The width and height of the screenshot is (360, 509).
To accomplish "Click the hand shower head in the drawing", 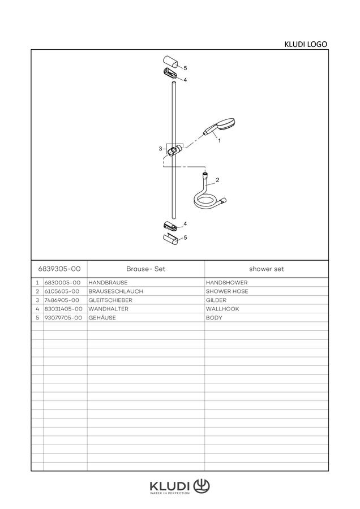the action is pyautogui.click(x=219, y=127).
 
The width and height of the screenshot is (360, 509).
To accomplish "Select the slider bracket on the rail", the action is pyautogui.click(x=174, y=150).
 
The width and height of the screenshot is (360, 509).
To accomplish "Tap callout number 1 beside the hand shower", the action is pyautogui.click(x=219, y=141).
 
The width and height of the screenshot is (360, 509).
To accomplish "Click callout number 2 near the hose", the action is pyautogui.click(x=217, y=180).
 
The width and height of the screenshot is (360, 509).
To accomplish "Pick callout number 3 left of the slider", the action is pyautogui.click(x=160, y=149).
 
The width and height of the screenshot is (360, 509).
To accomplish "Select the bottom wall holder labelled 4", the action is pyautogui.click(x=170, y=226).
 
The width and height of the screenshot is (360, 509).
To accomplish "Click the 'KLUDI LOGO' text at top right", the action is pyautogui.click(x=306, y=44).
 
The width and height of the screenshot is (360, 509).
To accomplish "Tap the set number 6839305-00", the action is pyautogui.click(x=59, y=269).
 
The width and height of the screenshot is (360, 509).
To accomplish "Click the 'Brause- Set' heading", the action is pyautogui.click(x=146, y=269).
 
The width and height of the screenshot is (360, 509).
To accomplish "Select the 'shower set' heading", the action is pyautogui.click(x=267, y=269).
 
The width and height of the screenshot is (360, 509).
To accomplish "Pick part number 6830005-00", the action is pyautogui.click(x=62, y=283).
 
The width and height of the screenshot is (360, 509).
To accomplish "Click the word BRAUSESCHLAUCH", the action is pyautogui.click(x=115, y=291).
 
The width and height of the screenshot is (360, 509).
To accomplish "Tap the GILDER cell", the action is pyautogui.click(x=216, y=300).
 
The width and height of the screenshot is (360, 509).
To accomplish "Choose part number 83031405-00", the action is pyautogui.click(x=63, y=309).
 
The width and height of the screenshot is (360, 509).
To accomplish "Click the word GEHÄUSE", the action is pyautogui.click(x=102, y=318).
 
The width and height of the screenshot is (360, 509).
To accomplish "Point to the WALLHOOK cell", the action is pyautogui.click(x=222, y=309).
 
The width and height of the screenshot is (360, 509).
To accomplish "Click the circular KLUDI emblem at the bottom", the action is pyautogui.click(x=202, y=486).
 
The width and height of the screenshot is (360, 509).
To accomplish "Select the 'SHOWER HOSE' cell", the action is pyautogui.click(x=227, y=291).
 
